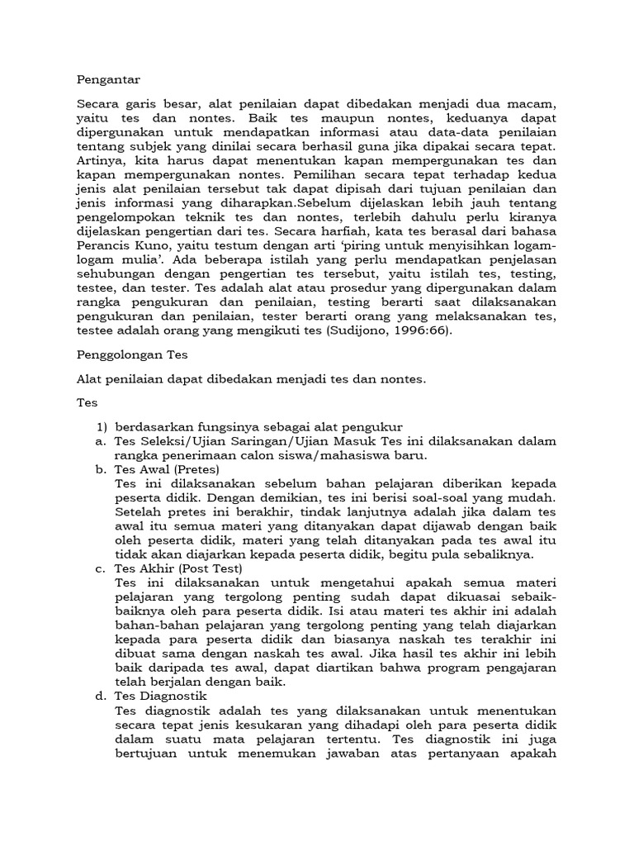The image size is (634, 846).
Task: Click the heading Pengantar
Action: [x=108, y=79]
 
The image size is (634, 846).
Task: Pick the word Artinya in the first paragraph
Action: [x=99, y=160]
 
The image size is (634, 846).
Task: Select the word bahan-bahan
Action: [x=152, y=625]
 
